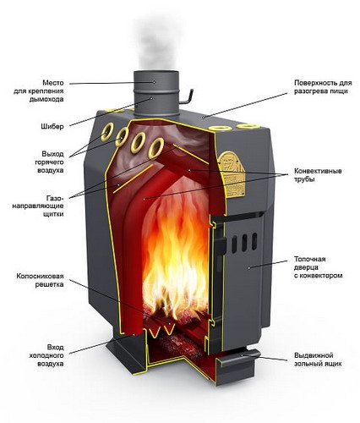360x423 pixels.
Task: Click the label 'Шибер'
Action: point(52,126)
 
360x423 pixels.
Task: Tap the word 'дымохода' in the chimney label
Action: point(46,99)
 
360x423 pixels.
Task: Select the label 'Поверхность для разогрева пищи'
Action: point(323,87)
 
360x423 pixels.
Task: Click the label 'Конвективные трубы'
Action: point(318,175)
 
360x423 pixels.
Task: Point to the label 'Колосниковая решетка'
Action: point(40,280)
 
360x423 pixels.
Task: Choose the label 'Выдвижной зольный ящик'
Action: point(318,360)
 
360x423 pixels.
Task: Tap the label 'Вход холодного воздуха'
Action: point(46,355)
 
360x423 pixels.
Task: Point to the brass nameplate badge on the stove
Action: point(232,174)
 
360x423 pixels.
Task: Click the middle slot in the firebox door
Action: point(244,242)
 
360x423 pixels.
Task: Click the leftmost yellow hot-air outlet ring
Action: point(107,131)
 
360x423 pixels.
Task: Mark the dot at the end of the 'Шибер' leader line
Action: point(152,98)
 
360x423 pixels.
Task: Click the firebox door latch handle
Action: point(221,244)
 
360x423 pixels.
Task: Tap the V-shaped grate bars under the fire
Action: point(162,331)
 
